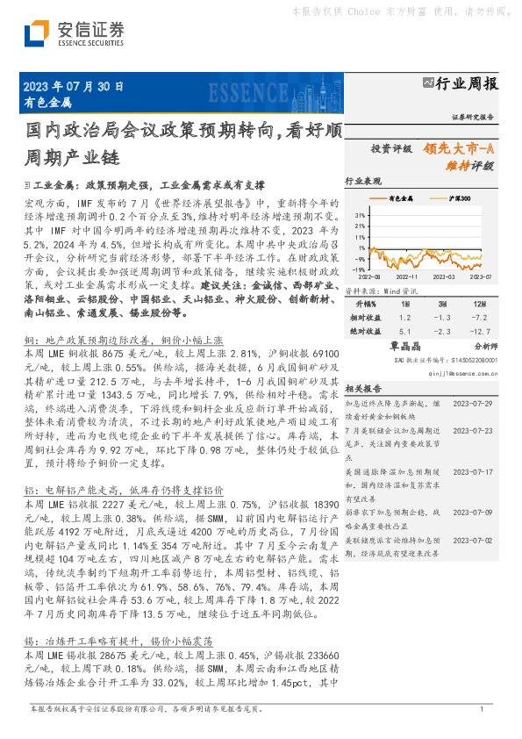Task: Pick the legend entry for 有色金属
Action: click(400, 199)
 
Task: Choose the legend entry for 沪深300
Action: click(458, 199)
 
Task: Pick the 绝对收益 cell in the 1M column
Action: click(404, 331)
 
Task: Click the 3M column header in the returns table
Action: click(441, 302)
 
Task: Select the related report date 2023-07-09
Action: click(474, 511)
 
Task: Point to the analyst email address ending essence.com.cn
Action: click(461, 371)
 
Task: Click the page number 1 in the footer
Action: click(481, 708)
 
